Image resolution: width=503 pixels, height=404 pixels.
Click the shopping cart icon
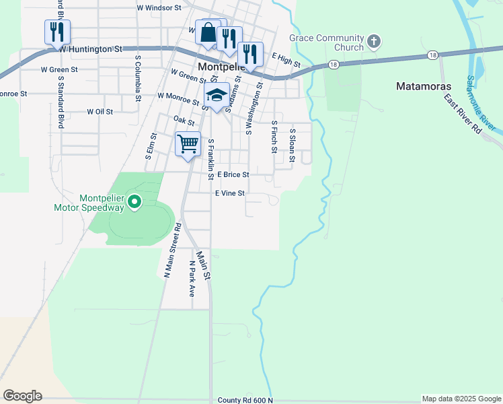click(188, 143)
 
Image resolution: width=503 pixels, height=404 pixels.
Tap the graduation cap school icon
click(217, 95)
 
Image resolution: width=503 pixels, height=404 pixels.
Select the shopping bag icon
click(208, 32)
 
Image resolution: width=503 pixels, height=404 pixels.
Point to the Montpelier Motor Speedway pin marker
click(134, 201)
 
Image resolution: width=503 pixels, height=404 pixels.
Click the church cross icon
click(374, 43)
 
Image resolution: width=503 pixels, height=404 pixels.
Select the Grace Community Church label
click(326, 43)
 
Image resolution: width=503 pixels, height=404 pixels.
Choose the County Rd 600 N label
click(245, 400)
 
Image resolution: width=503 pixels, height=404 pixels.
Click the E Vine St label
click(230, 193)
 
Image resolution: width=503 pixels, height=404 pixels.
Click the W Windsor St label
click(159, 8)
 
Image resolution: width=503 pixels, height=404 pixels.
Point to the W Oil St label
click(100, 112)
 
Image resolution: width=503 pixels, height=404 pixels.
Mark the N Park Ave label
click(192, 279)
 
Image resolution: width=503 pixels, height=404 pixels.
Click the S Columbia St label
click(137, 77)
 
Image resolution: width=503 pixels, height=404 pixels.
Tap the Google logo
click(22, 395)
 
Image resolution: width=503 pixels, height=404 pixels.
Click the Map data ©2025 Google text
click(461, 399)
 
